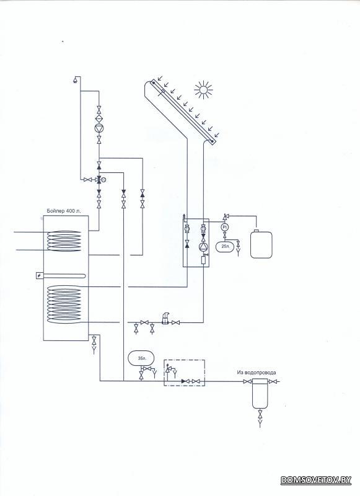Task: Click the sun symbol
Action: click(x=204, y=90)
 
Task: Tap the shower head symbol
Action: click(x=76, y=79)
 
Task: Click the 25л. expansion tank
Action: click(x=226, y=246)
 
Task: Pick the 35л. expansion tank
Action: click(x=141, y=358)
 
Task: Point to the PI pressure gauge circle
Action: click(x=225, y=227)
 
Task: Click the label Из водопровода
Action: click(x=257, y=373)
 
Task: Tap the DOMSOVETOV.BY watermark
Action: click(x=316, y=480)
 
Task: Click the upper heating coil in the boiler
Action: click(x=64, y=241)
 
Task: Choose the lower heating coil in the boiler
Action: click(x=64, y=304)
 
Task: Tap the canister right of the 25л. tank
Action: click(x=261, y=244)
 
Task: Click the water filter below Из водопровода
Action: click(x=260, y=393)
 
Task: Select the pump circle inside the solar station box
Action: click(x=202, y=247)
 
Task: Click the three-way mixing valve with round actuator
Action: click(x=99, y=180)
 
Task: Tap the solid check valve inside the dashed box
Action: click(x=184, y=381)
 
